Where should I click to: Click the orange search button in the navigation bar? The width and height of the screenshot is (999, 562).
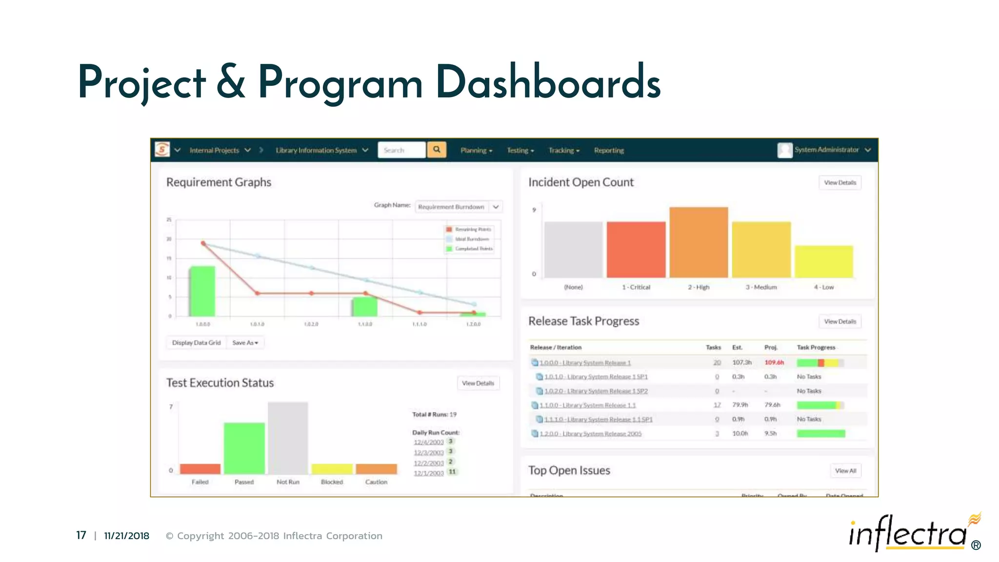tap(437, 150)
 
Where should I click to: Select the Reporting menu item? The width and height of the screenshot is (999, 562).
tap(609, 150)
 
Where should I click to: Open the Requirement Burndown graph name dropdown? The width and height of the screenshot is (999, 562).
tap(459, 207)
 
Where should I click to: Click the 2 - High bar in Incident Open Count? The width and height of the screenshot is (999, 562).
tap(699, 242)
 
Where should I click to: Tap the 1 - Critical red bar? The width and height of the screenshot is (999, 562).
tap(636, 249)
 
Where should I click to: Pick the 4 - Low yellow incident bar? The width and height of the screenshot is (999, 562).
tap(824, 261)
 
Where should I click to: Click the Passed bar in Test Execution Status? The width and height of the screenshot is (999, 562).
tap(244, 448)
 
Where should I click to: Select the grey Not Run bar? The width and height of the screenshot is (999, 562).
tap(288, 438)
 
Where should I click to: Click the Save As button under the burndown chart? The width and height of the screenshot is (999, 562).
tap(245, 343)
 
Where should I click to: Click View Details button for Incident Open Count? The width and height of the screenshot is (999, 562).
tap(840, 182)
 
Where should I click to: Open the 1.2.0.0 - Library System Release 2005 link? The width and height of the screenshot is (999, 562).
tap(590, 434)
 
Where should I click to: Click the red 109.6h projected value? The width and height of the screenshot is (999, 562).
tap(774, 362)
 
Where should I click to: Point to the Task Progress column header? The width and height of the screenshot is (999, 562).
tap(816, 347)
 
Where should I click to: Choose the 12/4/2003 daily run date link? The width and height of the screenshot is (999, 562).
tap(428, 442)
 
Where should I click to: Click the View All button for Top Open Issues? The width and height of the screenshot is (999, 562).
tap(845, 471)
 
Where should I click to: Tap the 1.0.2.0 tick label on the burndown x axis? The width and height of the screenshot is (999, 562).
tap(311, 324)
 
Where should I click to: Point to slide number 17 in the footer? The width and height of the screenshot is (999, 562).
tap(81, 536)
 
